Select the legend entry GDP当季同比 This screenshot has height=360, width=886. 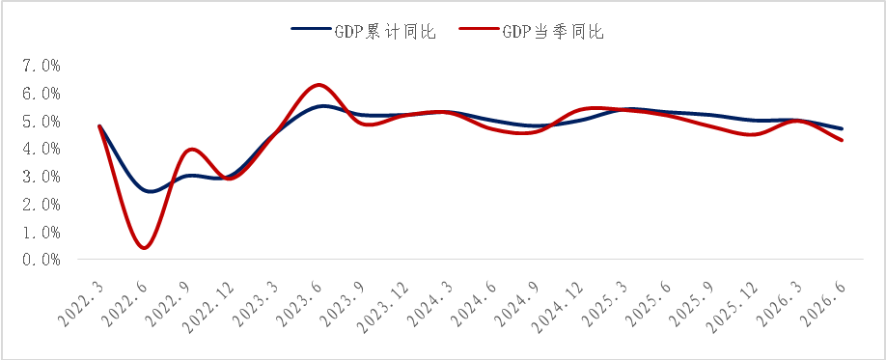(x=532, y=32)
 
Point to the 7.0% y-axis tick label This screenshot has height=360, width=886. (x=42, y=67)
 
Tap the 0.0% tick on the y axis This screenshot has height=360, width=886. (x=42, y=260)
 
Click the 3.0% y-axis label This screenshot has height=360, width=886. (x=42, y=177)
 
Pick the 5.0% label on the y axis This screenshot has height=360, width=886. (x=42, y=122)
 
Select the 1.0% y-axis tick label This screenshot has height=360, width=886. (x=42, y=233)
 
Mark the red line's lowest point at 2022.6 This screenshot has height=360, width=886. (x=145, y=247)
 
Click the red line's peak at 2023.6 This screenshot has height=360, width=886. (x=319, y=85)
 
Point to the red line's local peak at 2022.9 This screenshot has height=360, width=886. (x=192, y=150)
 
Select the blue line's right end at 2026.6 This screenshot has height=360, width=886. (x=842, y=129)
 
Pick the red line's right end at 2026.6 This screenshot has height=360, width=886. (x=842, y=140)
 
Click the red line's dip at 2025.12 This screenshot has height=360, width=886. (x=755, y=134)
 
